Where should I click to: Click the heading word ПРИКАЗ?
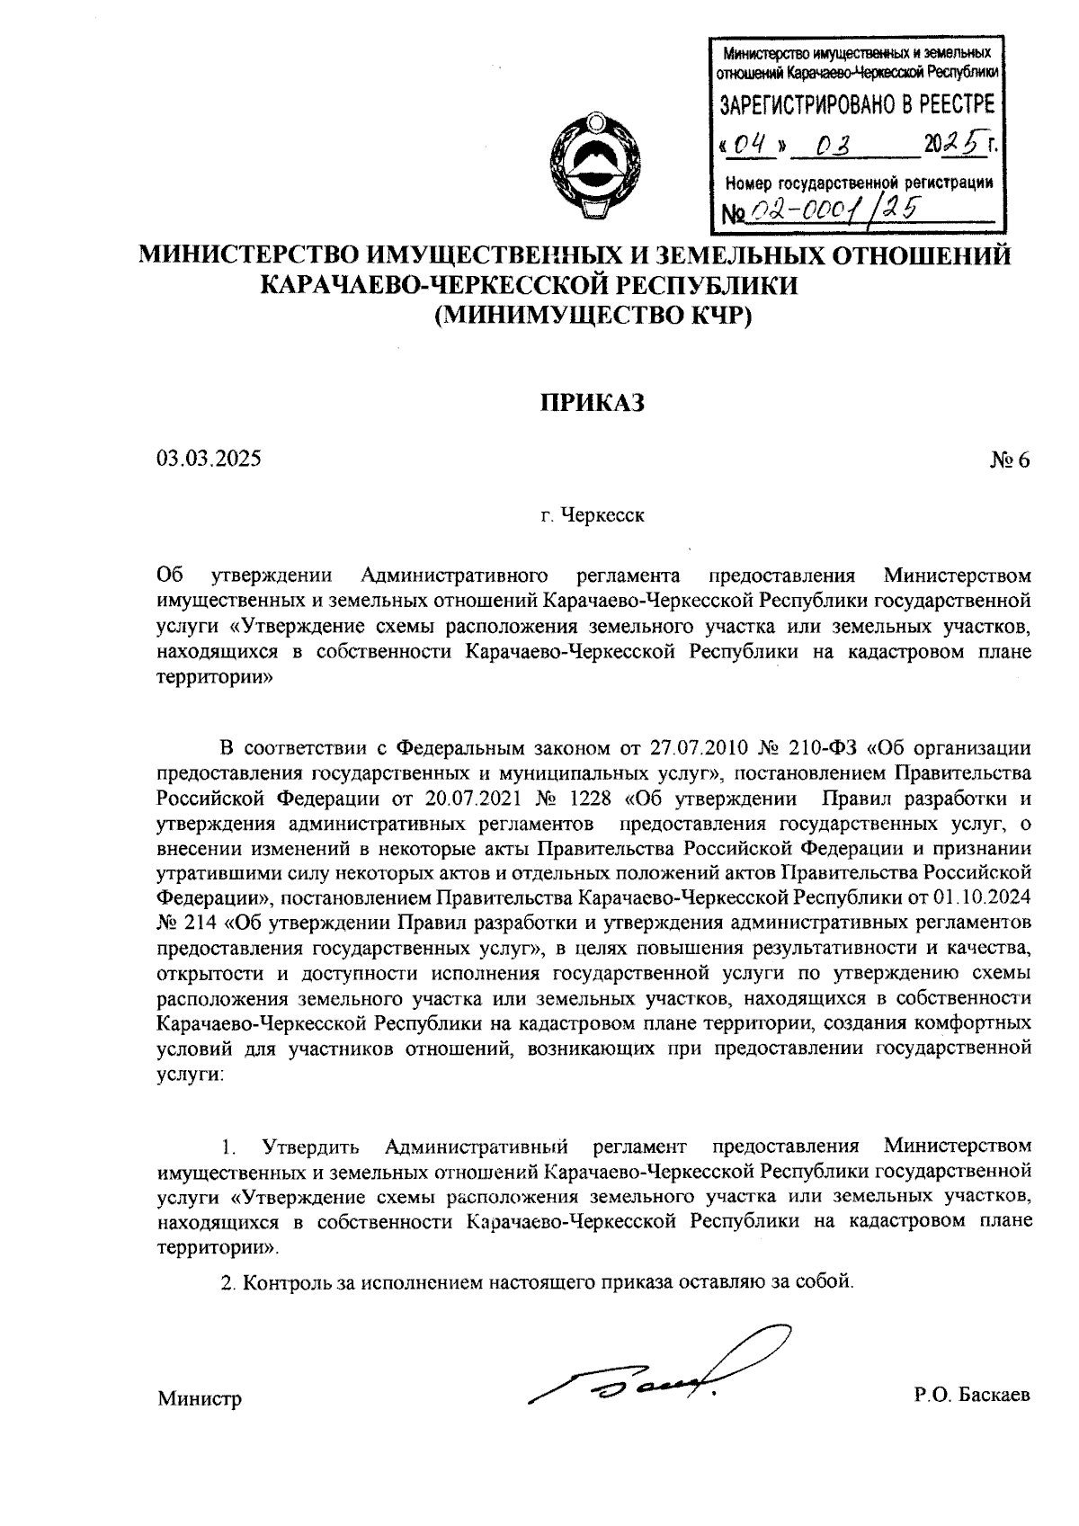coord(593,403)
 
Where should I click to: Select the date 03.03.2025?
coord(209,460)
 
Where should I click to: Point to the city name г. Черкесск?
coord(593,517)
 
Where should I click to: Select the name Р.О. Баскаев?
coord(971,1396)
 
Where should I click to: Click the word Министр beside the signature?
coord(200,1399)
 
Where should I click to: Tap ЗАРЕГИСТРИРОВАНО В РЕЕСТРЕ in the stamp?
coord(857,104)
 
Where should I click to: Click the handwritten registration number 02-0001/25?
coord(836,210)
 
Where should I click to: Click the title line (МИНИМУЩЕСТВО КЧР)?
coord(593,316)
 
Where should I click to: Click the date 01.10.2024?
coord(985,897)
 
